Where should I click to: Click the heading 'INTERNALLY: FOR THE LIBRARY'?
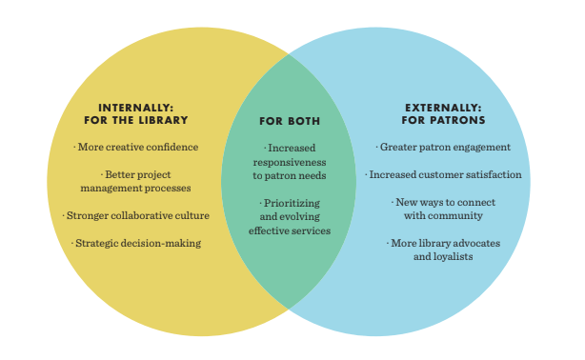point(144,112)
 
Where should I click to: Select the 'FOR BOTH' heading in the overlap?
point(290,121)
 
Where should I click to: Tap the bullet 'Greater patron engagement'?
point(443,147)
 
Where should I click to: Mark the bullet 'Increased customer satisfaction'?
point(443,174)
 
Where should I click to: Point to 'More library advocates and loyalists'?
point(444,250)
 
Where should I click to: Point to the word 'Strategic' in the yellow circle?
point(101,244)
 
